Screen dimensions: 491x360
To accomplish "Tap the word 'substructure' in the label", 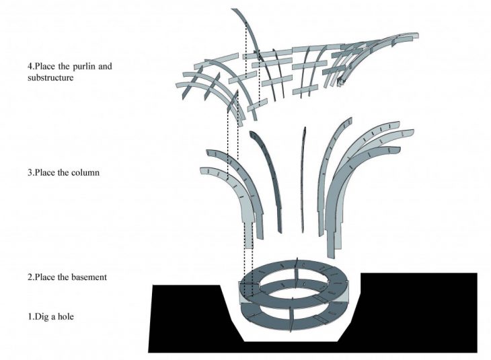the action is [x=50, y=77].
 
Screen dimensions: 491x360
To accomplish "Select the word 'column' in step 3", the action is [x=85, y=173].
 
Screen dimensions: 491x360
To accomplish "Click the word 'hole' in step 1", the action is [x=65, y=316].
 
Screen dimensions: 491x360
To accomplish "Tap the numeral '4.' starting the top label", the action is [x=30, y=67].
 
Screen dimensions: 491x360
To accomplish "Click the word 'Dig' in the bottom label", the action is [x=42, y=317].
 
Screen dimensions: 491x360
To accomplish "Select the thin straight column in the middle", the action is [x=303, y=180].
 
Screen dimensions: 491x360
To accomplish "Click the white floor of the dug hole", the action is [x=291, y=337].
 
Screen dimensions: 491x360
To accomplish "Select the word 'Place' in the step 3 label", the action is [x=46, y=173].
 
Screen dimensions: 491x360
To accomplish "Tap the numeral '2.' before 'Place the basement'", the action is [x=30, y=278].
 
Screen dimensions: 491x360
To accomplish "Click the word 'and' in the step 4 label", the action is [x=105, y=67].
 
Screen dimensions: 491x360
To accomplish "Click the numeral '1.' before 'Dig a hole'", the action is [x=30, y=317].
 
